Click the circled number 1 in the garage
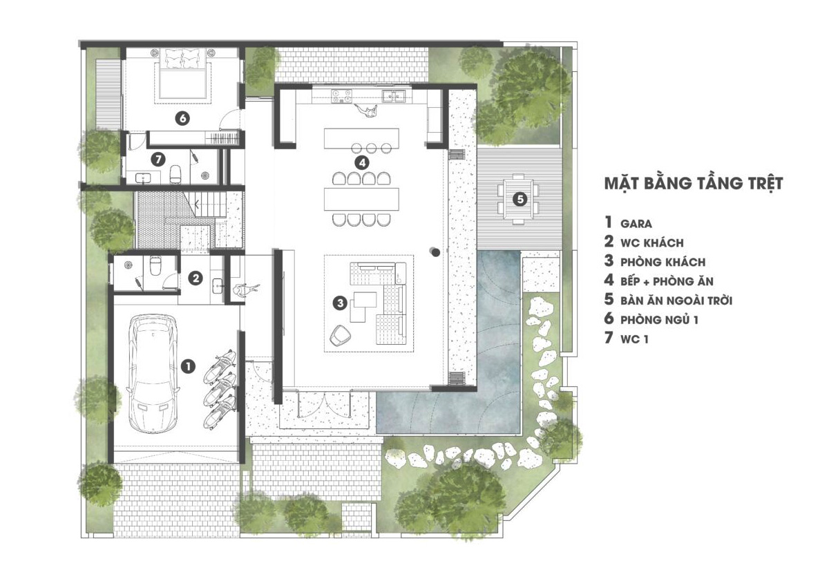point(188,366)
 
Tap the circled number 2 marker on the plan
point(196,278)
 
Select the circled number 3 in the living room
point(340,303)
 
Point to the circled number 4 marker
point(361,162)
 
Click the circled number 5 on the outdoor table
point(520,200)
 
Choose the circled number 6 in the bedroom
point(182,118)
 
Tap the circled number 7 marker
point(158,160)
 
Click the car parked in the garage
point(153,373)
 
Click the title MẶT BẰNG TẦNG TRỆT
point(694,183)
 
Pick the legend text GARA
point(636,224)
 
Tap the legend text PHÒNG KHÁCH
point(663,262)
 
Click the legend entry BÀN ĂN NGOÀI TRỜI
point(676,301)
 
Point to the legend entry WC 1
point(634,339)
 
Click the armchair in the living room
point(341,335)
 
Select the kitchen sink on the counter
point(394,96)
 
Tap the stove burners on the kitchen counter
point(341,96)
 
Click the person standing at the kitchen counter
point(366,111)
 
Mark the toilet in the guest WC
point(155,265)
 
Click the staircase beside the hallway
point(205,205)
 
